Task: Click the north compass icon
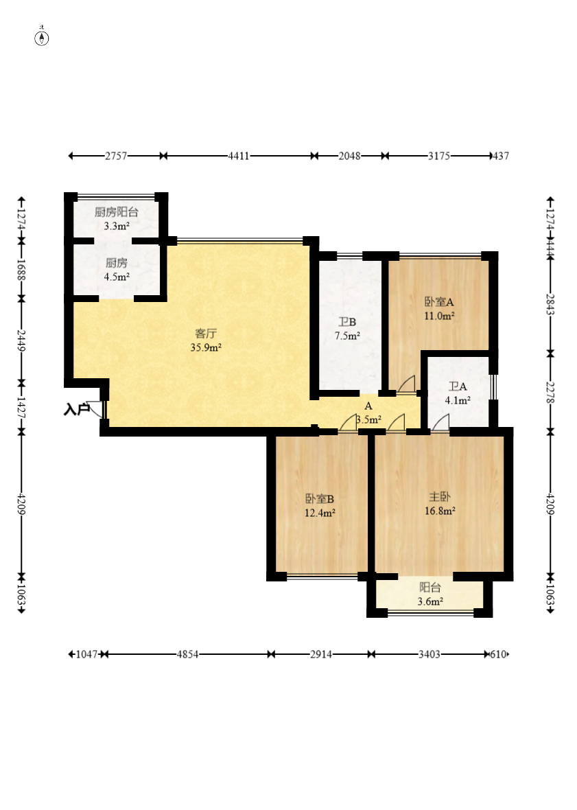(42, 37)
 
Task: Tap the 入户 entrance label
(76, 410)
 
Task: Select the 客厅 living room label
(205, 334)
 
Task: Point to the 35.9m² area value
(206, 347)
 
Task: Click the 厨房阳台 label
(117, 212)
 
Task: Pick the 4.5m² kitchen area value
(117, 277)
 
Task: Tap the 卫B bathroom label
(347, 322)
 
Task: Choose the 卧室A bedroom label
(439, 301)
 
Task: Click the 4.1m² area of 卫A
(458, 400)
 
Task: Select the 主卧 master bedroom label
(440, 497)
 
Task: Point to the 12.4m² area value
(320, 513)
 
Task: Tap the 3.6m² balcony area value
(430, 602)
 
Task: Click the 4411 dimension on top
(239, 156)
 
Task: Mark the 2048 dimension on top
(349, 156)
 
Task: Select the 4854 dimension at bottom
(187, 654)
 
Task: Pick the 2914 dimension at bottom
(321, 654)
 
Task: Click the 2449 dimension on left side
(21, 340)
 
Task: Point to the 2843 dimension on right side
(551, 304)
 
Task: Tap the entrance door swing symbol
(97, 409)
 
